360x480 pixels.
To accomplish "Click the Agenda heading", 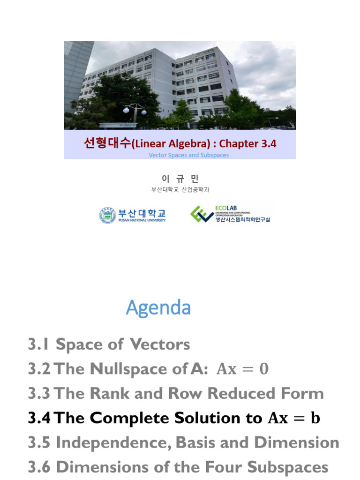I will (158, 308).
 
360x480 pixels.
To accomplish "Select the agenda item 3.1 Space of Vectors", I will (109, 345).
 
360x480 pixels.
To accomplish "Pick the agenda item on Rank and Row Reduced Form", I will (175, 394).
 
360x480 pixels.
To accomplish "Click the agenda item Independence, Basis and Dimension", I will (183, 442).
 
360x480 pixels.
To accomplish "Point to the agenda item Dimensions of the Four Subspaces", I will (178, 467).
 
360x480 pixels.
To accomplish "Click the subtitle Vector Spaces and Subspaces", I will (189, 155).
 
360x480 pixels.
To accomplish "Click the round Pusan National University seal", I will (108, 215).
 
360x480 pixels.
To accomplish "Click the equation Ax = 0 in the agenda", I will (242, 369).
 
